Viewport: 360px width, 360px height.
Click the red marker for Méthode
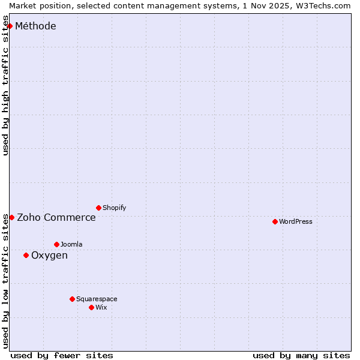click(x=10, y=26)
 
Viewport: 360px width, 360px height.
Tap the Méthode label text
click(x=35, y=26)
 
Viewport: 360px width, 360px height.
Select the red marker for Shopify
click(x=98, y=208)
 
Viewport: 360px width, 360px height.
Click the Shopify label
click(x=114, y=208)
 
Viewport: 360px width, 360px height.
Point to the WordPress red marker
click(x=275, y=221)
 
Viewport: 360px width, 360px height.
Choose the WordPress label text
click(x=295, y=221)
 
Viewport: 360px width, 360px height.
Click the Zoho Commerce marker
click(x=11, y=217)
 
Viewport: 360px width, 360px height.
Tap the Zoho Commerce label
click(x=56, y=217)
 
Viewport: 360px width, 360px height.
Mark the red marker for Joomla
click(x=56, y=244)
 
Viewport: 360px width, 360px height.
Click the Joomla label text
click(x=71, y=244)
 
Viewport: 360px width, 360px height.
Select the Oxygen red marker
click(x=26, y=255)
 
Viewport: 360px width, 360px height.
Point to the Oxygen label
click(x=49, y=255)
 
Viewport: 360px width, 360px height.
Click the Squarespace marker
click(x=72, y=299)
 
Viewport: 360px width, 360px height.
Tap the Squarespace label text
click(x=97, y=299)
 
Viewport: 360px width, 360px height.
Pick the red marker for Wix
click(x=91, y=307)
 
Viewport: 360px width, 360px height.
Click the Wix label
click(x=101, y=307)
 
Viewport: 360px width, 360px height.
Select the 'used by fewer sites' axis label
click(x=62, y=355)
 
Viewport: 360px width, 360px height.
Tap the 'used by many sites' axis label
click(x=301, y=355)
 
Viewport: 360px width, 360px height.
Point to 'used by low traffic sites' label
click(x=5, y=281)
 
